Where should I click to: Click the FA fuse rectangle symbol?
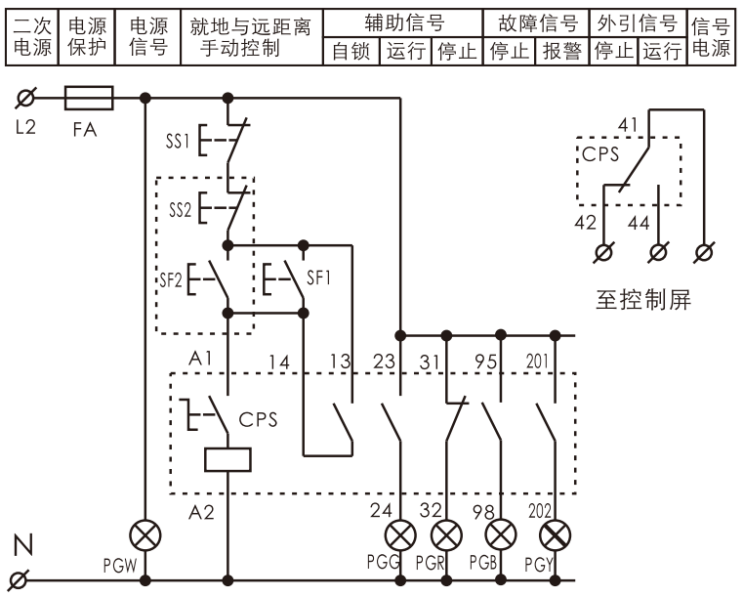point(89,98)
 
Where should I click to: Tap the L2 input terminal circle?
point(25,98)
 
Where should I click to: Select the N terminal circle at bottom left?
point(20,580)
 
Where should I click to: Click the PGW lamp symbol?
point(145,535)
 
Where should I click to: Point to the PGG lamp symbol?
point(400,535)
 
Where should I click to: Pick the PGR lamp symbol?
point(446,535)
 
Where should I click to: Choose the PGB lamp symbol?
point(501,535)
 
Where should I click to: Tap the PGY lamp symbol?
point(555,535)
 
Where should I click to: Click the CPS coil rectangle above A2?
point(227,459)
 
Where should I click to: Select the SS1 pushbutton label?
point(178,141)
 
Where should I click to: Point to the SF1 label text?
point(318,277)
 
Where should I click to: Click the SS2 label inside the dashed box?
point(180,209)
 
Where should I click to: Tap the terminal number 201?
point(537,362)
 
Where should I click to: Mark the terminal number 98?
point(483,512)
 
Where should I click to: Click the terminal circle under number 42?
point(603,252)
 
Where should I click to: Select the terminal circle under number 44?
point(658,252)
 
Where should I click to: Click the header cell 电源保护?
point(87,36)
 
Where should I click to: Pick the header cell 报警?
point(562,51)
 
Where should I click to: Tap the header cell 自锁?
point(351,51)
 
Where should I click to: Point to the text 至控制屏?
point(643,300)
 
